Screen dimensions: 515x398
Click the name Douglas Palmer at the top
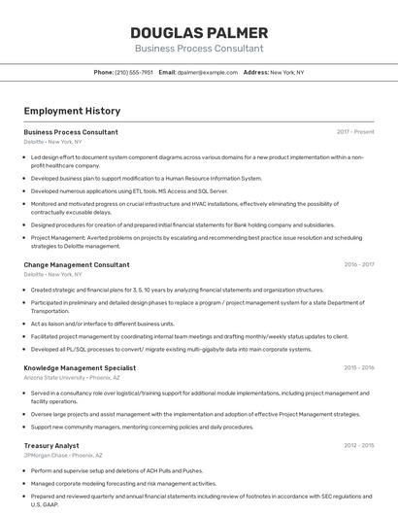click(x=198, y=32)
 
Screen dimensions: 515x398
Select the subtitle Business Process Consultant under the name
click(x=198, y=49)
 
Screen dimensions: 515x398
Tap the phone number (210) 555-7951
click(x=133, y=72)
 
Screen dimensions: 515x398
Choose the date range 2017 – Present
click(x=355, y=132)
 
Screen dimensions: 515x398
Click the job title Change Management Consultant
click(x=77, y=264)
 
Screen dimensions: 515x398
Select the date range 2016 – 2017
click(x=358, y=264)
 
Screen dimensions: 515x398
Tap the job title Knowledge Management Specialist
click(x=80, y=368)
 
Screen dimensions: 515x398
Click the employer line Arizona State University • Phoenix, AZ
click(x=68, y=378)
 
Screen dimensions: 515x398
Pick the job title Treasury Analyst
click(x=51, y=445)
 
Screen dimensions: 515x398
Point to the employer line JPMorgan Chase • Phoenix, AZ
click(x=63, y=455)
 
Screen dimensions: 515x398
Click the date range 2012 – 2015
click(x=358, y=445)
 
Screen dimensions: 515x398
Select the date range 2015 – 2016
click(x=358, y=368)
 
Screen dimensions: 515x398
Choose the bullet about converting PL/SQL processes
click(x=171, y=349)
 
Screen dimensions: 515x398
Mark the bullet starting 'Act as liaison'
click(x=102, y=324)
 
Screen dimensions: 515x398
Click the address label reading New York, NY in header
click(x=286, y=72)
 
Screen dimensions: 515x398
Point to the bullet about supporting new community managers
click(x=142, y=427)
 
